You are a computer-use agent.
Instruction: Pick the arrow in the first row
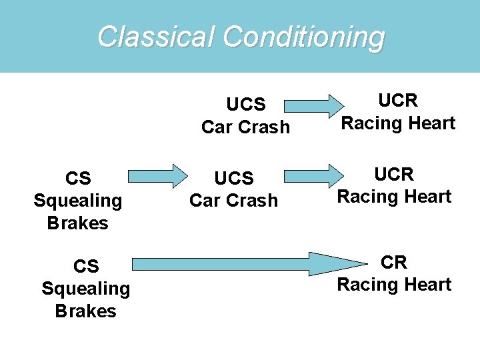(309, 105)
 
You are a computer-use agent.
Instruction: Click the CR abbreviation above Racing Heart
(394, 263)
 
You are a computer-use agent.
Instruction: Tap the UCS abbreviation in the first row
(245, 105)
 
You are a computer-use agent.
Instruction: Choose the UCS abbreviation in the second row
(233, 178)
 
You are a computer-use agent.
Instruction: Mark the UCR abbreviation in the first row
(398, 101)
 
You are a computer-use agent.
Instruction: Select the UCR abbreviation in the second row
(394, 174)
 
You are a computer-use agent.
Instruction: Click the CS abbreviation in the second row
(78, 178)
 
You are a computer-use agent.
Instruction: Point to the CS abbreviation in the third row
(86, 266)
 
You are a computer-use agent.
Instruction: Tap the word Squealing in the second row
(78, 201)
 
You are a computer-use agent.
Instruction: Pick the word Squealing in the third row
(86, 289)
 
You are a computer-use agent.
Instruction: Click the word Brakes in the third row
(86, 311)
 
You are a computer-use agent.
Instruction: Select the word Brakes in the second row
(78, 223)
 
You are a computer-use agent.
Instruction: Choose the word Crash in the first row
(265, 127)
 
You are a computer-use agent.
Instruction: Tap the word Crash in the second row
(253, 200)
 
